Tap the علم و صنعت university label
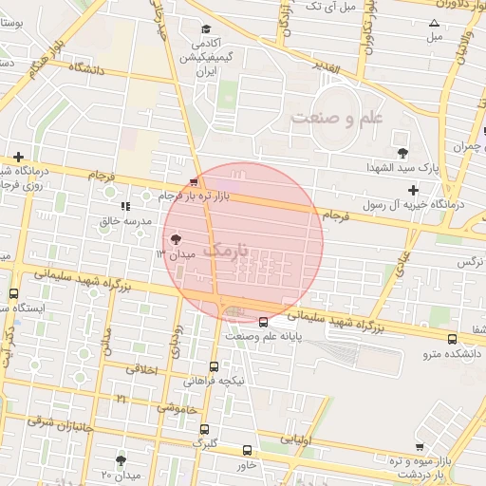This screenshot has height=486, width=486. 337,119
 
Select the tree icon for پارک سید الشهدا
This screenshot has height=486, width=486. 403,152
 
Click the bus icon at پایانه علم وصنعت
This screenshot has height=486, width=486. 263,321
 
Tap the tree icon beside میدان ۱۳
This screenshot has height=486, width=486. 176,239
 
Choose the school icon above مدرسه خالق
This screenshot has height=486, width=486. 125,205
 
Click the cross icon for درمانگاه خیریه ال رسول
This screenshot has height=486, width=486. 414,190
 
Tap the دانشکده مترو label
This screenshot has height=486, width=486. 454,353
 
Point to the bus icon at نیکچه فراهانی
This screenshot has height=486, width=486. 214,366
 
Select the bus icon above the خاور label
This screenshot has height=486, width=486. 247,451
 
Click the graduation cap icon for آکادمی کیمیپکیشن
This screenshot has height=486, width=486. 206,29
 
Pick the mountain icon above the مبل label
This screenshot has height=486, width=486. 435,23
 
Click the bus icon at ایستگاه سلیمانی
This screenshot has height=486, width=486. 13,294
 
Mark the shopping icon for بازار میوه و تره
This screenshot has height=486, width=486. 420,446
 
